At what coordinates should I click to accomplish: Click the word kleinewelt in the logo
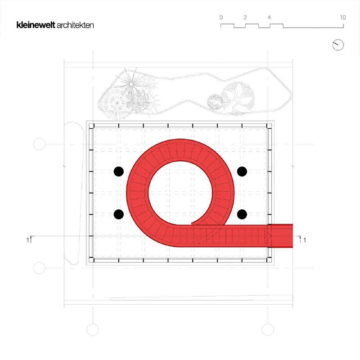click(x=36, y=25)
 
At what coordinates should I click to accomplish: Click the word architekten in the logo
click(x=75, y=25)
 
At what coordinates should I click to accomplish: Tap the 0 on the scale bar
click(x=221, y=18)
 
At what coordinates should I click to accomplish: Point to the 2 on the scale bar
click(x=245, y=18)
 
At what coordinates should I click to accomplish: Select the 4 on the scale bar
click(x=269, y=18)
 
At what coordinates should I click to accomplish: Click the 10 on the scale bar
click(x=343, y=18)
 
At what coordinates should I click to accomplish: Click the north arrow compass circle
click(x=338, y=45)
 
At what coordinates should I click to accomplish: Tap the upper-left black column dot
click(x=119, y=171)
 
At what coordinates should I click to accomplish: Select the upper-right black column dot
click(x=242, y=171)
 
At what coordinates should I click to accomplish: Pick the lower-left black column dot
click(x=119, y=214)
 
